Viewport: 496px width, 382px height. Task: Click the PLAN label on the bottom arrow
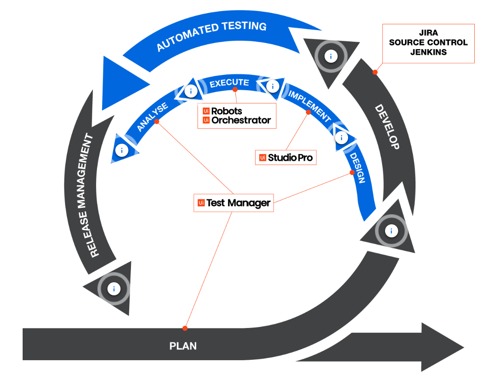coord(183,346)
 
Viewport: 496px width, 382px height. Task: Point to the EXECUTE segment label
coord(229,83)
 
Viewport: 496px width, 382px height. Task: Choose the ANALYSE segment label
coord(152,117)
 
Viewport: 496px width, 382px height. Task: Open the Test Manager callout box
coord(234,203)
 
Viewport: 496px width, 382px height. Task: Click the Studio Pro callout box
coord(285,158)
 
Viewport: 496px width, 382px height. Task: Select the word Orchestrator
coord(241,120)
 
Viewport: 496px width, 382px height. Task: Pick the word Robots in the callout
coord(226,111)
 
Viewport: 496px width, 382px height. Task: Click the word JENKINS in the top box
coord(428,52)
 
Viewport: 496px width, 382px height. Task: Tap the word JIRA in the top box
coord(428,33)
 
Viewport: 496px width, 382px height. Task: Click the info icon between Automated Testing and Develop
coord(331,56)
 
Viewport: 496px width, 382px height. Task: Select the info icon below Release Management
coord(114,289)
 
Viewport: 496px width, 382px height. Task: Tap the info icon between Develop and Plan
coord(391,231)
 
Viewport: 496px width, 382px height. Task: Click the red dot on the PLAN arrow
coord(185,328)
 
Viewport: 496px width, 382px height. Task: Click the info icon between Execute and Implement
coord(273,86)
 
